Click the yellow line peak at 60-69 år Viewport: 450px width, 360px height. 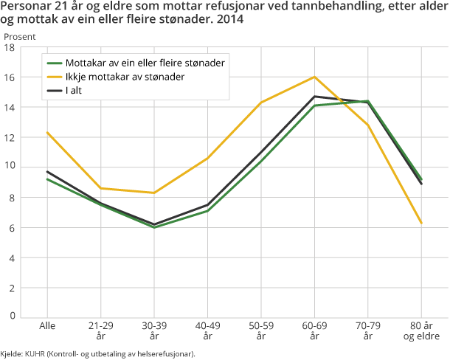point(314,77)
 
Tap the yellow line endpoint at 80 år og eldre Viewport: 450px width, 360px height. point(421,223)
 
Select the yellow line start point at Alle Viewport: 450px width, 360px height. point(46,133)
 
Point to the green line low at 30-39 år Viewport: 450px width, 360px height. point(153,227)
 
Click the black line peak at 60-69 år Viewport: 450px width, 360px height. point(314,97)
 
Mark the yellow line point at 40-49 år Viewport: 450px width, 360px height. point(207,158)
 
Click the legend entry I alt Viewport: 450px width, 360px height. point(77,91)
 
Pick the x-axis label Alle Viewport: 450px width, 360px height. point(46,325)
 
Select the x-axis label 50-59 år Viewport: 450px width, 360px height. point(260,330)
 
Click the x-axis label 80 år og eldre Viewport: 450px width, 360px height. point(421,330)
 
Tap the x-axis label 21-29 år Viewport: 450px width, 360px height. point(100,330)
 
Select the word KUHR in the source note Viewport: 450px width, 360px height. point(35,354)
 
